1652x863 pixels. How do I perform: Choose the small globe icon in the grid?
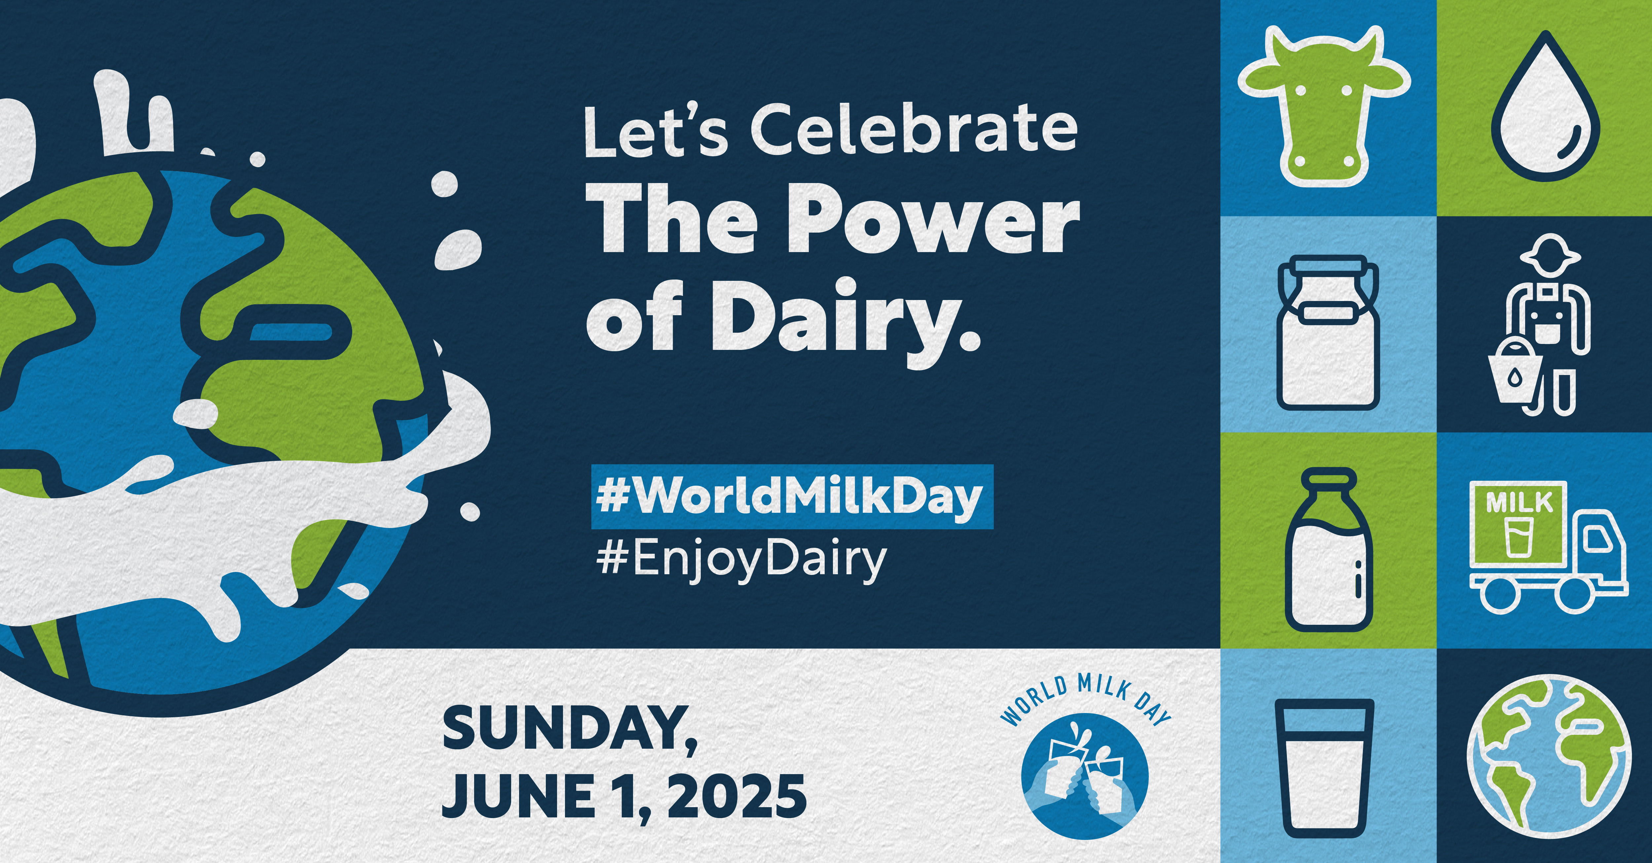[x=1549, y=757]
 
